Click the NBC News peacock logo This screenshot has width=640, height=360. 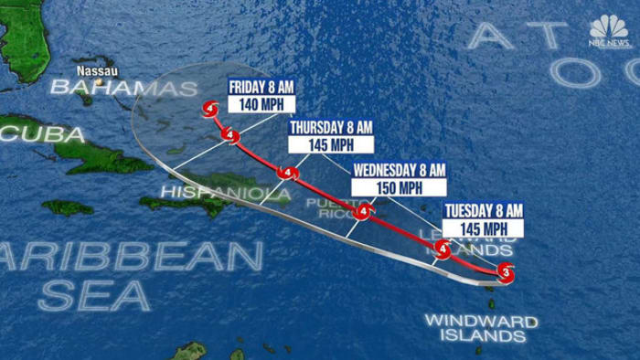(609, 30)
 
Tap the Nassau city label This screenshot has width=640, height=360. (97, 70)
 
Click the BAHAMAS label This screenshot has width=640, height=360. (123, 89)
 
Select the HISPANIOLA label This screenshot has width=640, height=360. (213, 192)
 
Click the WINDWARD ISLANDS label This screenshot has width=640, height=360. (480, 328)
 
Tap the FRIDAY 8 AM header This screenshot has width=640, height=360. (261, 87)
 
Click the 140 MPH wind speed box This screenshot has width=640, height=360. (261, 104)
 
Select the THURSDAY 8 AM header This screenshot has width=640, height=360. (330, 127)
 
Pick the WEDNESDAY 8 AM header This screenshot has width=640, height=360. (399, 170)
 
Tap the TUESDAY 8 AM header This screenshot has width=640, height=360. (483, 210)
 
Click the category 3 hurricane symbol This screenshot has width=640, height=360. (507, 272)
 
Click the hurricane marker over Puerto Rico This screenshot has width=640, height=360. (364, 213)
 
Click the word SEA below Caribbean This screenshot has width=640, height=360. (94, 295)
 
